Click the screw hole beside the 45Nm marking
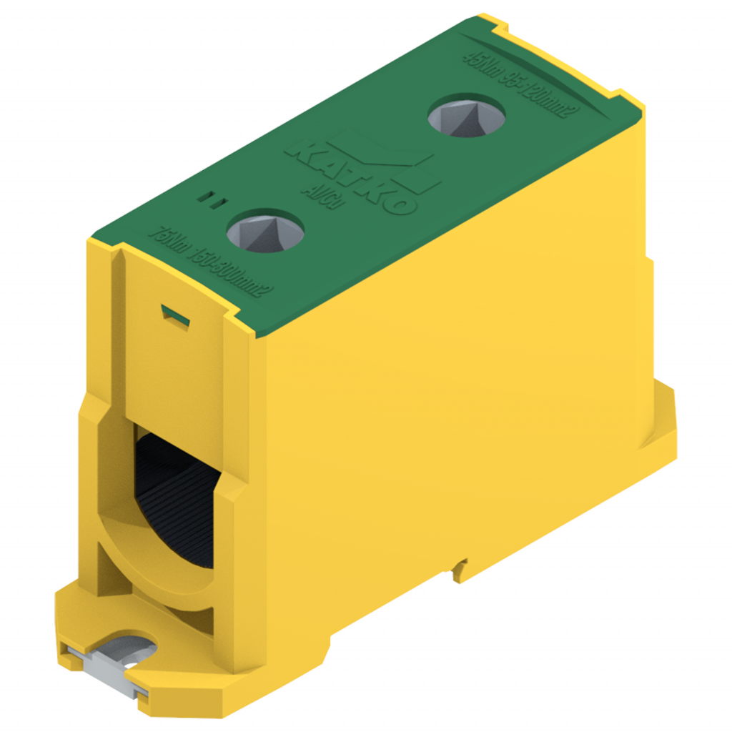(x=466, y=115)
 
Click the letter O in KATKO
(x=400, y=203)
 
